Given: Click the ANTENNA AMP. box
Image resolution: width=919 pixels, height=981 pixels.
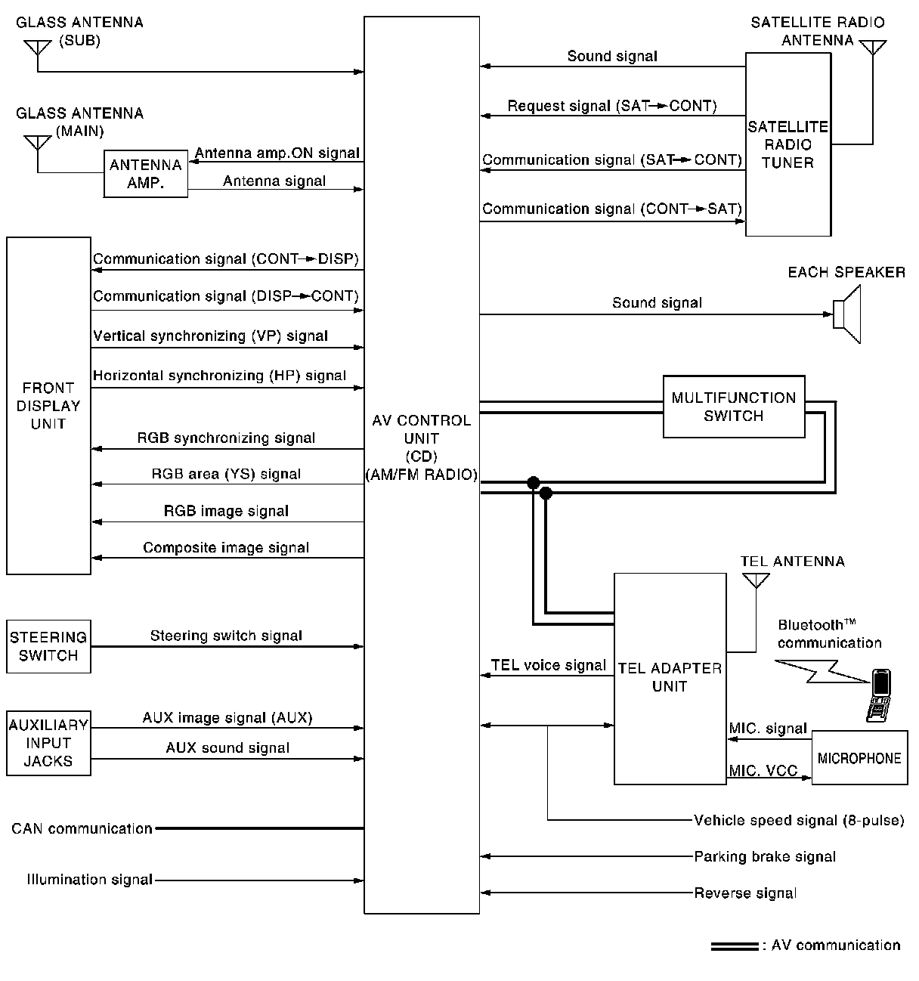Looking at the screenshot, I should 145,174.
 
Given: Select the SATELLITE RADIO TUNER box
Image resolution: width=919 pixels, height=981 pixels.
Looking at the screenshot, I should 787,144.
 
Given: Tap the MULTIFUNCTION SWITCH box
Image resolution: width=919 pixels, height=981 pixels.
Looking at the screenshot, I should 733,407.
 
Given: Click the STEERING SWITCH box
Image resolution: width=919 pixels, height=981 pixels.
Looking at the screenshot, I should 48,646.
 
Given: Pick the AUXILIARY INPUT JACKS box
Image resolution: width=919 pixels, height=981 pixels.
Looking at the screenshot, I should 48,743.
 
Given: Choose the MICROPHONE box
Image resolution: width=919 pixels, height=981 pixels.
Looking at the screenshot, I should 859,758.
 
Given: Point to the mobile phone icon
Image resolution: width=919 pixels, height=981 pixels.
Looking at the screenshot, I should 877,694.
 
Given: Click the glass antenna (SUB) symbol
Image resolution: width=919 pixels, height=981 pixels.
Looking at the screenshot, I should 37,48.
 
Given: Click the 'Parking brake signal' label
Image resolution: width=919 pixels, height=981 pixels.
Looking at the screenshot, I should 765,857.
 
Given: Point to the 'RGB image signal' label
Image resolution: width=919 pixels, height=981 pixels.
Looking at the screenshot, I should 226,511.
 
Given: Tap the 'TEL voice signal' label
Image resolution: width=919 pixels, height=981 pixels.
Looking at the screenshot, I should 549,665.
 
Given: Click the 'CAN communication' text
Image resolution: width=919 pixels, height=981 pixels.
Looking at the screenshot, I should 82,829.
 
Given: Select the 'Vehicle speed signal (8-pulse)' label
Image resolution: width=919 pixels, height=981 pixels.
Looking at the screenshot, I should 799,821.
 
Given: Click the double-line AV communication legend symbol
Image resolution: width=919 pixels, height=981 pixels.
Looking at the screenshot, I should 734,946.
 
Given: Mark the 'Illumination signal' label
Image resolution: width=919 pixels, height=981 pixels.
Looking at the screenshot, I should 89,880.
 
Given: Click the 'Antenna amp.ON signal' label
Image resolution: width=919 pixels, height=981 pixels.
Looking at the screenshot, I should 277,153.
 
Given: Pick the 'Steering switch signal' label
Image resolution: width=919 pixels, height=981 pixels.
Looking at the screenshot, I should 226,636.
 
